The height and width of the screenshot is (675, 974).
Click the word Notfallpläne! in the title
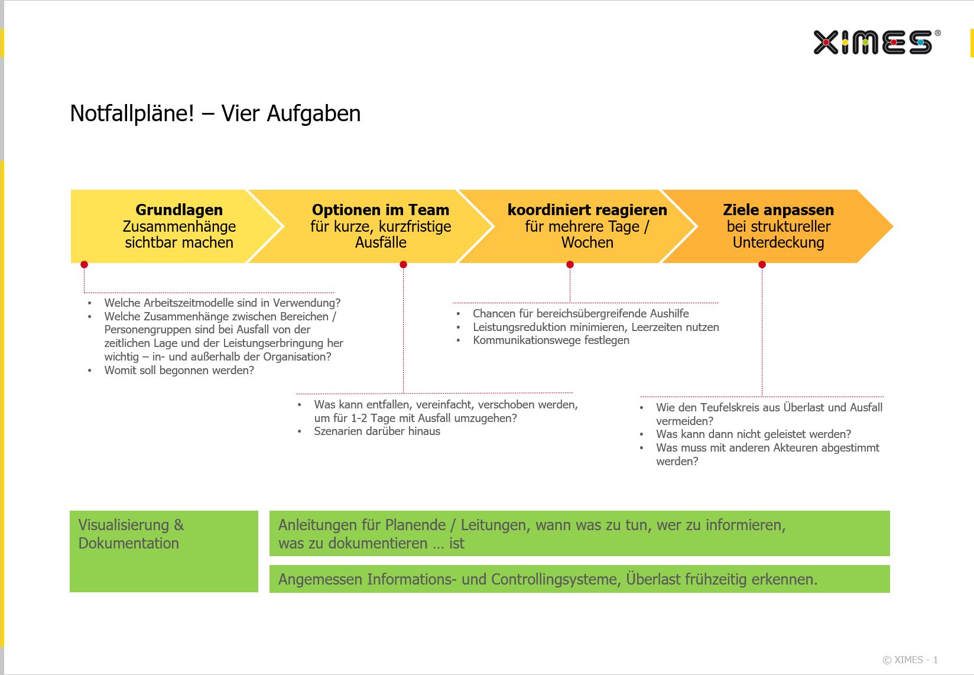tap(132, 114)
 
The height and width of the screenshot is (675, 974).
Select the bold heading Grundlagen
tap(179, 210)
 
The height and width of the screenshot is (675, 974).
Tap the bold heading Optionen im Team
tap(381, 210)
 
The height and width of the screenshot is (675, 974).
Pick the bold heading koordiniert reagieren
tap(587, 210)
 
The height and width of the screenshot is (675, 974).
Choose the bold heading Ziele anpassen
tap(778, 210)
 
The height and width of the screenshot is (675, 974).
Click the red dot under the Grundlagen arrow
tap(85, 264)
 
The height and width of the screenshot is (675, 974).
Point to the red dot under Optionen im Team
tap(403, 264)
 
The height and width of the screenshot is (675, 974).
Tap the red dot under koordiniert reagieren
tap(570, 264)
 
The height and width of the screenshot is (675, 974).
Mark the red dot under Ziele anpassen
tap(762, 264)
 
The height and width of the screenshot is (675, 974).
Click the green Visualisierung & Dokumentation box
tap(164, 551)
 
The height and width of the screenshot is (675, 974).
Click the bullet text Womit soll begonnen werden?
tap(179, 370)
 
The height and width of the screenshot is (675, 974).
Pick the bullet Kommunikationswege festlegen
tap(551, 340)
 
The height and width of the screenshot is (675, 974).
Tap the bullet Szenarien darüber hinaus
tap(377, 431)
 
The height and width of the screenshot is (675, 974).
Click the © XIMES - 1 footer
tap(910, 660)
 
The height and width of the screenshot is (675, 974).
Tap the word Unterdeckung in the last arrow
tap(778, 242)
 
